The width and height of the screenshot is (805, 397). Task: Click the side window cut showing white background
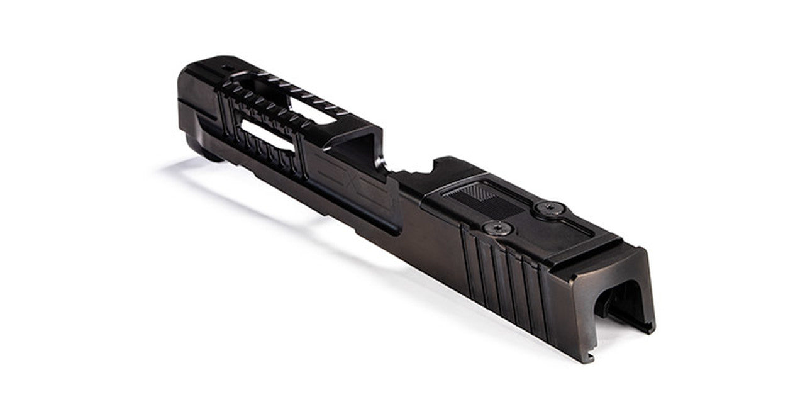pyautogui.click(x=267, y=135)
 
